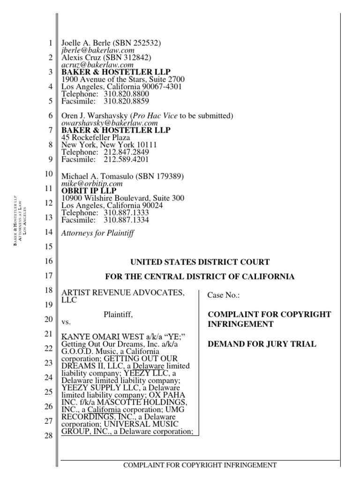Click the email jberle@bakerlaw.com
click(98, 51)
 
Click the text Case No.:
click(224, 296)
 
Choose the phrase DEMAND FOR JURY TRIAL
click(262, 344)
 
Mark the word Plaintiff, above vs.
click(118, 315)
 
